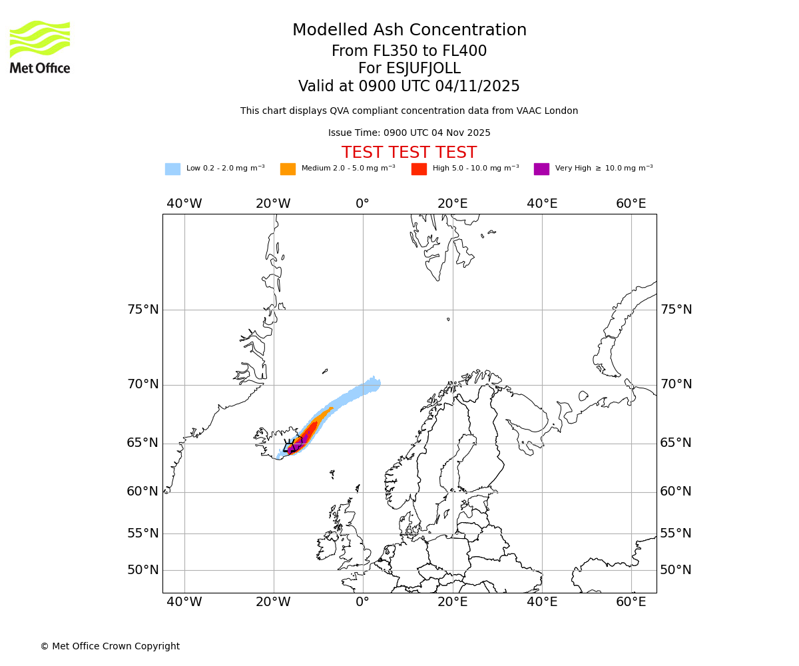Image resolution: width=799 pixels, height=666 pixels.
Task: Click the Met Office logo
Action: pos(40,47)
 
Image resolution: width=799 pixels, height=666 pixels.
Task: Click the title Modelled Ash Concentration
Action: pos(409,31)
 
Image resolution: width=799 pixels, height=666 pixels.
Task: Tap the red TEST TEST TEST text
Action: pos(409,153)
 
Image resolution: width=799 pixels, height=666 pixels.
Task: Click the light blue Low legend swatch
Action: pos(172,169)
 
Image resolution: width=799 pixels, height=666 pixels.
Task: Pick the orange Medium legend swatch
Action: pos(288,169)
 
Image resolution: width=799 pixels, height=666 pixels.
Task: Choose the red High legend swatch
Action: pos(419,169)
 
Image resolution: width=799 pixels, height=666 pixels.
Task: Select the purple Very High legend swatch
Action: pos(541,169)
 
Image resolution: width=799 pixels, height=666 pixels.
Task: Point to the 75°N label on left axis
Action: pos(143,310)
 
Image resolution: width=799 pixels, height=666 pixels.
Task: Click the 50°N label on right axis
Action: pos(676,570)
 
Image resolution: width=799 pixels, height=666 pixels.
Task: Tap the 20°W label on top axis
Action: pos(273,204)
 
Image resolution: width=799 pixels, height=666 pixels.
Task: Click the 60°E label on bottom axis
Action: pos(631,603)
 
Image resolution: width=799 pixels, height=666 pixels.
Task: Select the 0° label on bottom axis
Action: pos(362,603)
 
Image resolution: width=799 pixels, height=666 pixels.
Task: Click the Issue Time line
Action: pos(409,133)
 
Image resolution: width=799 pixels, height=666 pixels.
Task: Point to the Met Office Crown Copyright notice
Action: pos(110,647)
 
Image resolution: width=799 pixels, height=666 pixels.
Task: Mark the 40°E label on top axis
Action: pos(542,204)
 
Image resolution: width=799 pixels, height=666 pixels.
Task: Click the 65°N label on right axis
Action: pos(676,443)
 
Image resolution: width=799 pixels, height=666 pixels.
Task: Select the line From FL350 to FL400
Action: pos(409,51)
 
